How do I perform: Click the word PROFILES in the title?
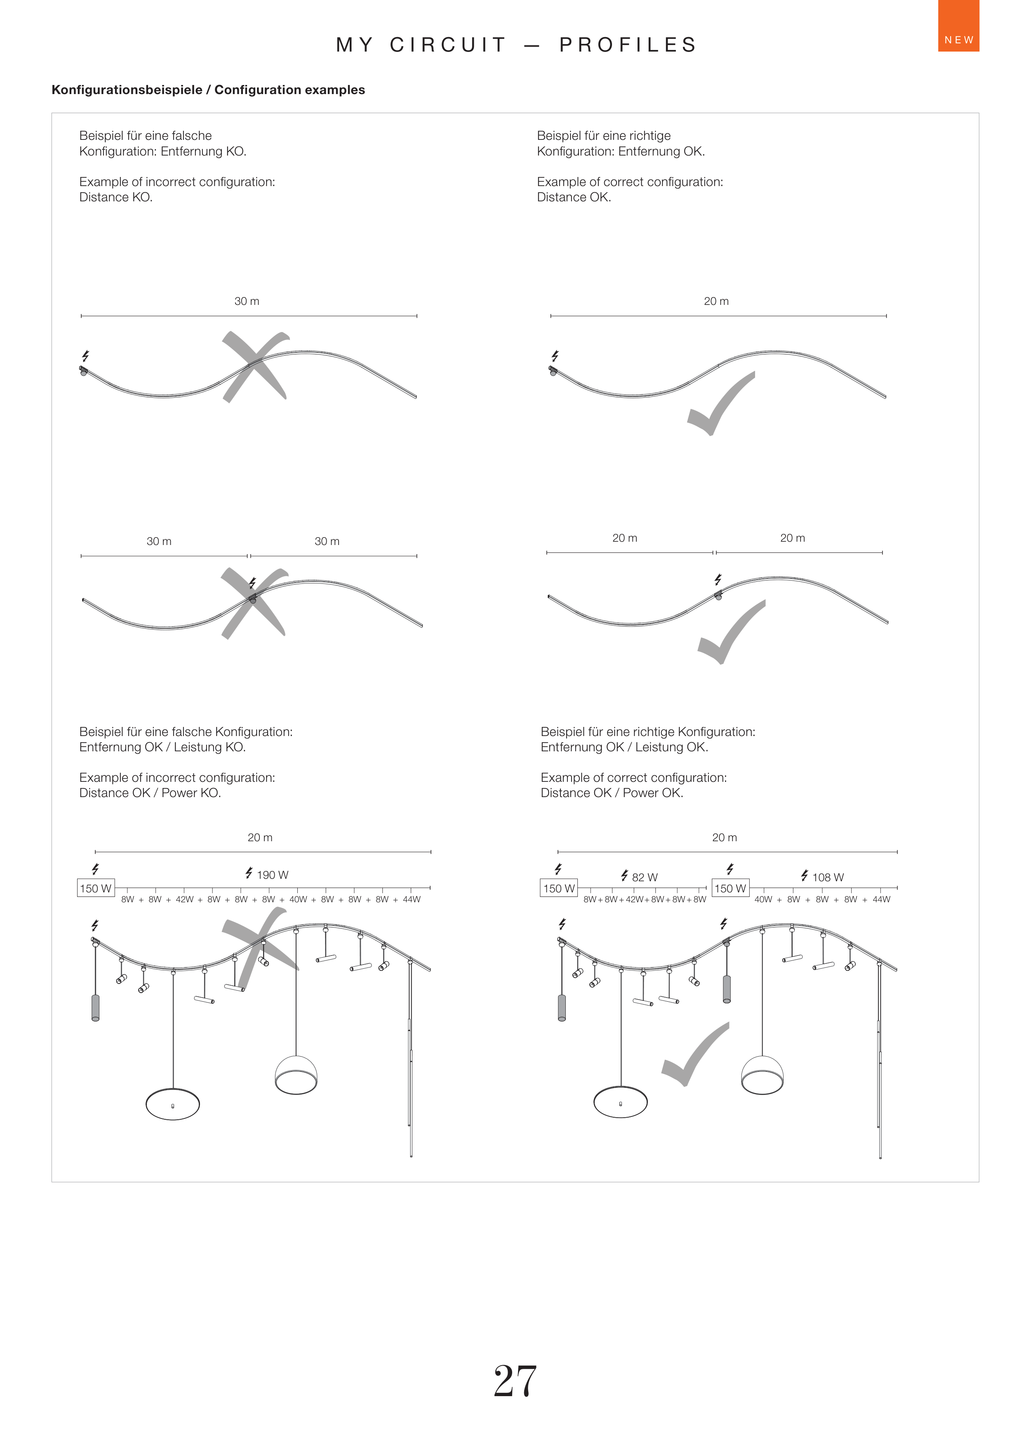[628, 45]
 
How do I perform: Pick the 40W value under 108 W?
[763, 899]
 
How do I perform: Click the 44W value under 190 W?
[412, 899]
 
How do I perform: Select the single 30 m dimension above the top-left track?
[247, 302]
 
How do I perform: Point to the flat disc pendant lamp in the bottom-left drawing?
[173, 1104]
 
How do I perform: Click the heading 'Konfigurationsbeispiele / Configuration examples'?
[208, 90]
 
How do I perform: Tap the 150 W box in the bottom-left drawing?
[95, 888]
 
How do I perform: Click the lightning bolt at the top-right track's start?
[555, 356]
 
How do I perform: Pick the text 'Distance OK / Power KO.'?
[150, 793]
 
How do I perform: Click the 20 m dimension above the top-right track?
[716, 302]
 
